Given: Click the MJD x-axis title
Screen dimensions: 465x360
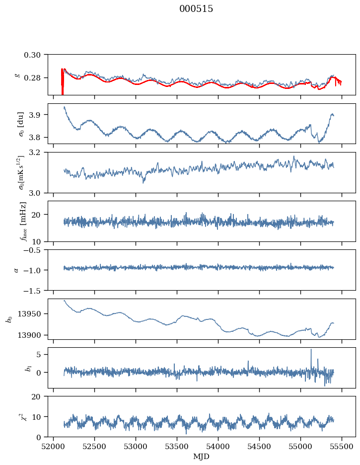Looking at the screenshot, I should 202,457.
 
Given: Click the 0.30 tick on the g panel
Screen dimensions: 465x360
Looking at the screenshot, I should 35,54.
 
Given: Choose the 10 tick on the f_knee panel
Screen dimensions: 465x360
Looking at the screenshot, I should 39,241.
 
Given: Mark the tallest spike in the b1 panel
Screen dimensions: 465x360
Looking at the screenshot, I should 311,350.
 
